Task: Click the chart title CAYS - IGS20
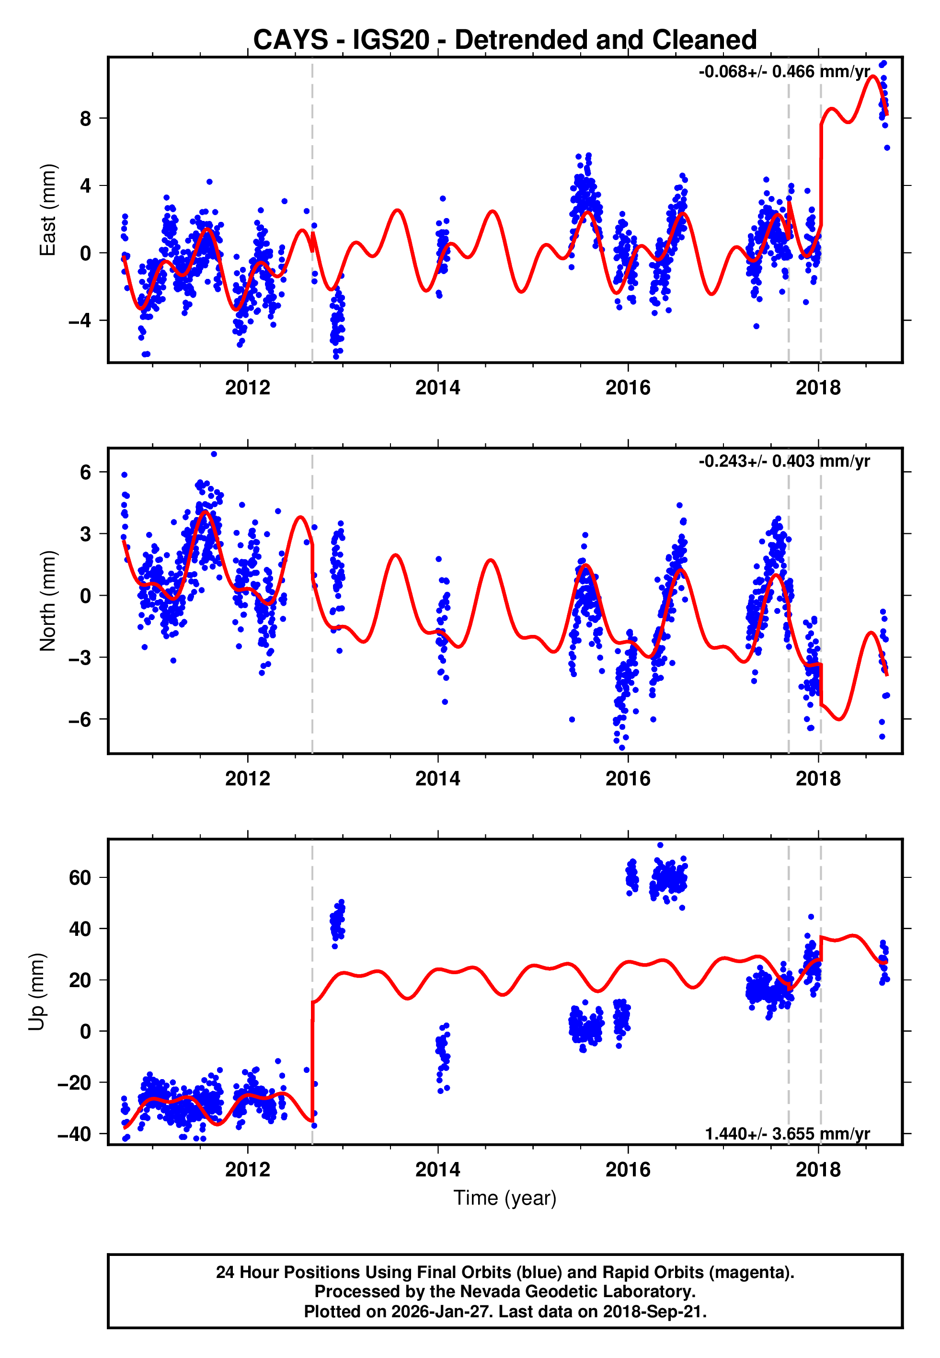tap(505, 40)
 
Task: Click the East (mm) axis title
tap(48, 210)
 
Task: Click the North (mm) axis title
tap(48, 601)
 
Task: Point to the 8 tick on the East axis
tap(86, 118)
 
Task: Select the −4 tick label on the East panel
tap(80, 321)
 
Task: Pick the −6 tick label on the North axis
tap(80, 719)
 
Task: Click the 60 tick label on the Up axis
tap(80, 877)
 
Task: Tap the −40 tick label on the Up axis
tap(74, 1134)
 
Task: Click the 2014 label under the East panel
tap(437, 388)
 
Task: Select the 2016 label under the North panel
tap(628, 779)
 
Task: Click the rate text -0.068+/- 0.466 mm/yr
tap(784, 72)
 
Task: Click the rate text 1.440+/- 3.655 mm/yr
tap(787, 1134)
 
